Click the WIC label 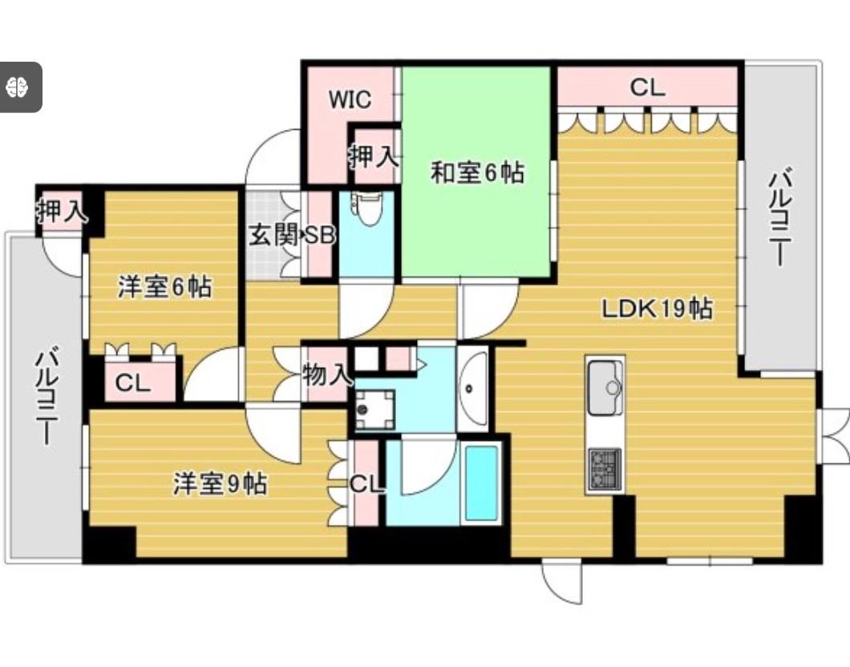(x=351, y=99)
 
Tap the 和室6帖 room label (x=478, y=172)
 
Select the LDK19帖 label (x=658, y=308)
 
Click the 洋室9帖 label (x=221, y=484)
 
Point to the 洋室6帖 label (x=165, y=286)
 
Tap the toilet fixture (x=368, y=209)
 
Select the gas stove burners (x=605, y=467)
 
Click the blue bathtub (x=481, y=481)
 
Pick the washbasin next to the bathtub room (x=472, y=387)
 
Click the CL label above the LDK (x=647, y=87)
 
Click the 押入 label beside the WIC (x=374, y=156)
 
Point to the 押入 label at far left (x=60, y=212)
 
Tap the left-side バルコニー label (x=45, y=397)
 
